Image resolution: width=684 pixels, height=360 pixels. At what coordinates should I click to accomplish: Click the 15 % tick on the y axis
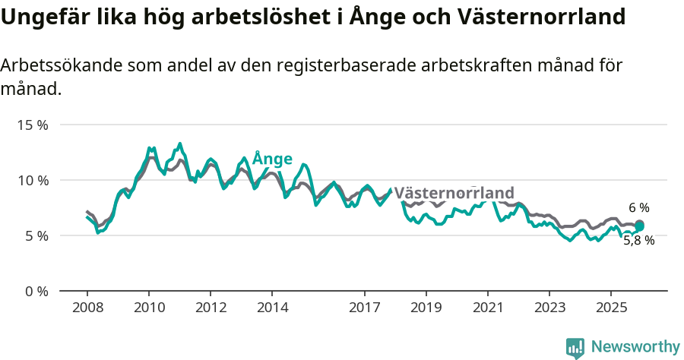click(x=33, y=125)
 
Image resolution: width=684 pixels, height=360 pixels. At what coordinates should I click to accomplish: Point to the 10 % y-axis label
click(x=33, y=180)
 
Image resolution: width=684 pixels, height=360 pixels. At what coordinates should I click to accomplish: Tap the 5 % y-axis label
click(x=36, y=235)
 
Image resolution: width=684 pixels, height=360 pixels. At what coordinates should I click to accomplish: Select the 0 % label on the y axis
click(x=36, y=291)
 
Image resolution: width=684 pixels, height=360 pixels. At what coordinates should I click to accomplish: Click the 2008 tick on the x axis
click(x=87, y=308)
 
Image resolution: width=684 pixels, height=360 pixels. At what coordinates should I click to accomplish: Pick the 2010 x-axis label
click(x=149, y=308)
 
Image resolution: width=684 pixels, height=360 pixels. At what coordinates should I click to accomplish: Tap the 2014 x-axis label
click(x=272, y=308)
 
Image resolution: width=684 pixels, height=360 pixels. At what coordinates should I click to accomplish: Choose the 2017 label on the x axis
click(x=364, y=308)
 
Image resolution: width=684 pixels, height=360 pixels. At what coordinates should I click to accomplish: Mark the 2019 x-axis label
click(x=426, y=308)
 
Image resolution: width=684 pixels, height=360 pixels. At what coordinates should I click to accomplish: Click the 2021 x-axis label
click(x=487, y=308)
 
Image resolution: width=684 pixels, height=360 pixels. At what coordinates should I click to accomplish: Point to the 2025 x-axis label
click(x=610, y=308)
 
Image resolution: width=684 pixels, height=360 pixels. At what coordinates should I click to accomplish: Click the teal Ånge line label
click(x=272, y=159)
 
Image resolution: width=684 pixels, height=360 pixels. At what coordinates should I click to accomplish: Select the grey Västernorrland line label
click(x=454, y=192)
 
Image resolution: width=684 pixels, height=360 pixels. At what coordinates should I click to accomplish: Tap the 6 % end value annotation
click(x=639, y=207)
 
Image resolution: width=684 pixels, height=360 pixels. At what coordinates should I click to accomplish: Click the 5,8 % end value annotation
click(x=638, y=240)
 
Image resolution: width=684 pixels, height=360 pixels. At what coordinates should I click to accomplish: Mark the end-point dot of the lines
click(x=639, y=225)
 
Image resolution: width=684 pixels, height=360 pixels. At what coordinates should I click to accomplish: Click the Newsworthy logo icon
click(x=575, y=348)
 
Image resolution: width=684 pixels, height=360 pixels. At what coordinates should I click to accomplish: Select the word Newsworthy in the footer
click(x=635, y=347)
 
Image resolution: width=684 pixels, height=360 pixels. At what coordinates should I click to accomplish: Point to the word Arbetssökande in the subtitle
click(x=52, y=65)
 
